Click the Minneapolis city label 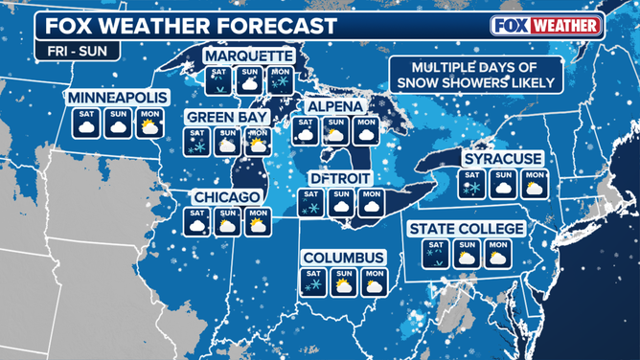pyautogui.click(x=118, y=98)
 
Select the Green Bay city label pyautogui.click(x=226, y=117)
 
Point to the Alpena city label pyautogui.click(x=334, y=106)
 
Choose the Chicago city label pyautogui.click(x=227, y=197)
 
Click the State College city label pyautogui.click(x=467, y=229)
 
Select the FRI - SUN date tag pyautogui.click(x=67, y=50)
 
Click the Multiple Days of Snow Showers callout pyautogui.click(x=484, y=75)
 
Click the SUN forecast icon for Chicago pyautogui.click(x=227, y=222)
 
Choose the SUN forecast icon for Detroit pyautogui.click(x=340, y=203)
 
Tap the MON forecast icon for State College pyautogui.click(x=496, y=253)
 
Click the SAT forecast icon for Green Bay pyautogui.click(x=197, y=142)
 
